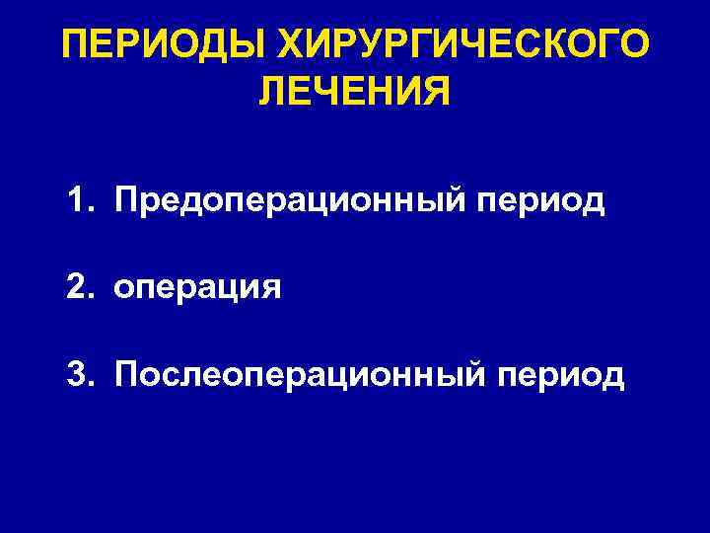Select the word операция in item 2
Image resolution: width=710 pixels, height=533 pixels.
click(197, 289)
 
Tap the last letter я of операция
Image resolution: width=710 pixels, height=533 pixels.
click(271, 289)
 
